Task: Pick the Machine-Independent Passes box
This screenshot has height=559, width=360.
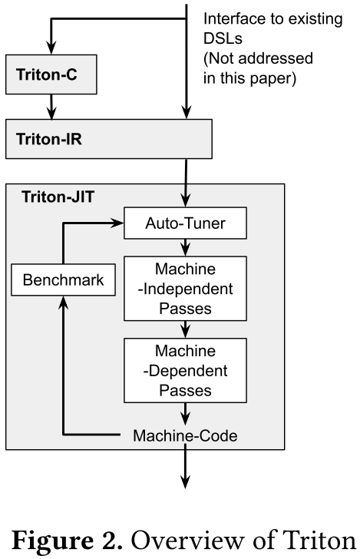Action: (x=185, y=289)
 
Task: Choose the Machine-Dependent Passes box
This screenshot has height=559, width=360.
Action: (x=185, y=369)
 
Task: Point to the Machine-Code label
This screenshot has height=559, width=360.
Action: (x=185, y=435)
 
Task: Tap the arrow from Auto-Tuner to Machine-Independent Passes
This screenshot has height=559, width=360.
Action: (x=185, y=246)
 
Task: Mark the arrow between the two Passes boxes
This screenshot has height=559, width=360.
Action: (x=185, y=329)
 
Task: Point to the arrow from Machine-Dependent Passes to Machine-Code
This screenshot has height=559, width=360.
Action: (x=185, y=412)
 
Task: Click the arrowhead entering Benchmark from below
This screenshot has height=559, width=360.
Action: (x=63, y=302)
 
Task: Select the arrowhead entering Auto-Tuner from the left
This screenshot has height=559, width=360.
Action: (x=119, y=224)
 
